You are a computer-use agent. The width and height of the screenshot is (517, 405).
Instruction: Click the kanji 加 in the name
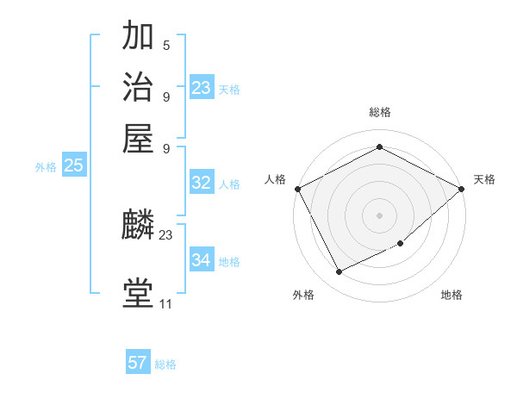point(138,36)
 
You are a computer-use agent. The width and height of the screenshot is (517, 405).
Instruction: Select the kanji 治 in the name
point(138,86)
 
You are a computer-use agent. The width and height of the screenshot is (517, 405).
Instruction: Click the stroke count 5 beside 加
point(166,46)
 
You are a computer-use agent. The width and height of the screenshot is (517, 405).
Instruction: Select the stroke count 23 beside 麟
point(166,234)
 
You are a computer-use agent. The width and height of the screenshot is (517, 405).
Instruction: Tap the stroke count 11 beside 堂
point(166,303)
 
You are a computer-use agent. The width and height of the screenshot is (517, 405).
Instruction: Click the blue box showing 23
point(202,88)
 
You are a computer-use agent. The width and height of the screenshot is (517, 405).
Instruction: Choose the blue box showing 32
point(202,183)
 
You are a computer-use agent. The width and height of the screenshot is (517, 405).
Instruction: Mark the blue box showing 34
point(202,260)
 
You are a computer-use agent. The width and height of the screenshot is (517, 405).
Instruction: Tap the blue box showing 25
point(73,166)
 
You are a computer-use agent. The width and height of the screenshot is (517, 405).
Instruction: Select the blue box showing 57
point(138,363)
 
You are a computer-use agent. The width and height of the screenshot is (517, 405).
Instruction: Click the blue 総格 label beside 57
point(165,364)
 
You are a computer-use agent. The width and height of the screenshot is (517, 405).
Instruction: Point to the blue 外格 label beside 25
point(45,167)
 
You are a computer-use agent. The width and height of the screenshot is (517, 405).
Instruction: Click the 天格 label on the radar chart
point(484,179)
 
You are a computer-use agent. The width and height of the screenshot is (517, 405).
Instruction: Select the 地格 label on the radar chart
point(452,296)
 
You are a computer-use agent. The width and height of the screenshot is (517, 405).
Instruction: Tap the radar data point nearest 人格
point(297,189)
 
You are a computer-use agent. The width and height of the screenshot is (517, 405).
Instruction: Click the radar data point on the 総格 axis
point(379,147)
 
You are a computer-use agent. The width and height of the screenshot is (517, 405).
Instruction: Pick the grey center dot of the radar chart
point(379,215)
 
